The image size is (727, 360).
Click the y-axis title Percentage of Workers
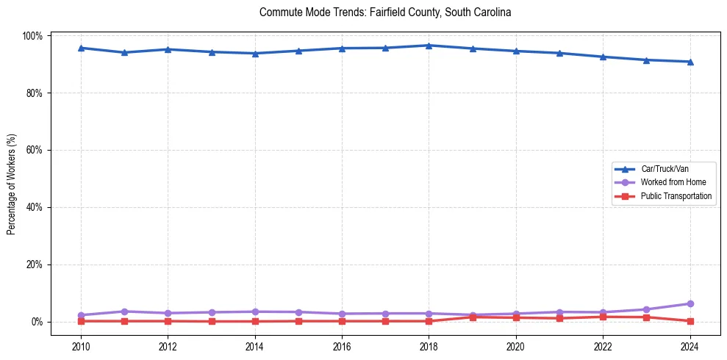pos(12,179)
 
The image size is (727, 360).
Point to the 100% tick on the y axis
pos(33,36)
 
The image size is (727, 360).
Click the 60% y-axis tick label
pos(35,150)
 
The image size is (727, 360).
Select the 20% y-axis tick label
pos(35,264)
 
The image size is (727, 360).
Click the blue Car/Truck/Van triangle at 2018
pos(429,46)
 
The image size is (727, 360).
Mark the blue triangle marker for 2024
pos(690,62)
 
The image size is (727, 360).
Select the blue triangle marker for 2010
pos(81,48)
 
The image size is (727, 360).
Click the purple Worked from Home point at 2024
pos(690,303)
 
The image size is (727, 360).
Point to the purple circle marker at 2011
pos(124,312)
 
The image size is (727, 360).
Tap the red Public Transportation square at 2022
pos(603,317)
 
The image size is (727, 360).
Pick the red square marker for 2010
pos(81,321)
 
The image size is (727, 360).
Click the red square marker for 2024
pos(690,321)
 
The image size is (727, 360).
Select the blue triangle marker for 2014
pos(255,54)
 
